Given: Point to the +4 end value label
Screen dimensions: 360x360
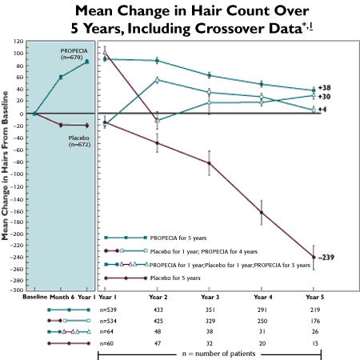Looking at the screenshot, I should (322, 108).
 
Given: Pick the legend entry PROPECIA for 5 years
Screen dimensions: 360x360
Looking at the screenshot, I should (177, 238).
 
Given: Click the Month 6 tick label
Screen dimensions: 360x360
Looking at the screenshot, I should (62, 297).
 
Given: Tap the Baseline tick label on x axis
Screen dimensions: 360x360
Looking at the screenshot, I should (34, 297).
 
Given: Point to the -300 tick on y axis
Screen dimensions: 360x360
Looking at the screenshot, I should (18, 290).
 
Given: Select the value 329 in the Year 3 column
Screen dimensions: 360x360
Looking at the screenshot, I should (210, 319).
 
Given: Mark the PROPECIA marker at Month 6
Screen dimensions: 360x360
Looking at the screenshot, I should (62, 77).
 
